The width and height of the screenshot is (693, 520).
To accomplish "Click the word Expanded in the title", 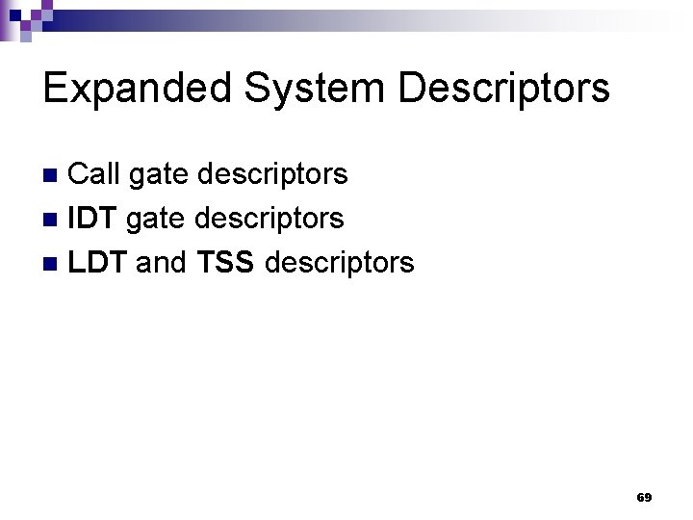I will pos(138,89).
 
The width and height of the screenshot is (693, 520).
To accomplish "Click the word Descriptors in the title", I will pos(503,89).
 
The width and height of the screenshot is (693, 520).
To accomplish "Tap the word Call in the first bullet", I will pos(94,174).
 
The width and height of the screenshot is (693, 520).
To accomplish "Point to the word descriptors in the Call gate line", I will pos(272,175).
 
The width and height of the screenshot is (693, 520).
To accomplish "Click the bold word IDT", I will pos(92,219).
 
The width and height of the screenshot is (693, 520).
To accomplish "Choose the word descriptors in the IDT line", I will pos(269,220).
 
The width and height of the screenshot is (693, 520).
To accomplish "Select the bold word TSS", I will pos(226,262).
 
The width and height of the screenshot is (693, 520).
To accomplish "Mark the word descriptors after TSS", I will pos(339,263).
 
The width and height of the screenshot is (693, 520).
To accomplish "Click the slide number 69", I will pos(644,498).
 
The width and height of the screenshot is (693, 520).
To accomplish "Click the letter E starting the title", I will pos(55,89).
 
